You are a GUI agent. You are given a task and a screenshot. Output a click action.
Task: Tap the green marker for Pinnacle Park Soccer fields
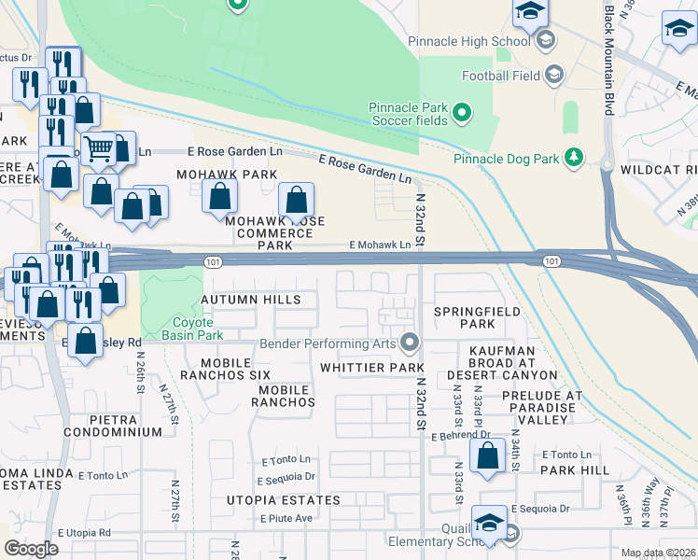tap(461, 114)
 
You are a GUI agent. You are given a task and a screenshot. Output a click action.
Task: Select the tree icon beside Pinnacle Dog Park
tap(576, 157)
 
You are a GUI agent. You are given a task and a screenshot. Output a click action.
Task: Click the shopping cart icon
tap(98, 148)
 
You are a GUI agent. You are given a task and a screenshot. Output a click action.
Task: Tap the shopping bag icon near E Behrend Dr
tap(487, 457)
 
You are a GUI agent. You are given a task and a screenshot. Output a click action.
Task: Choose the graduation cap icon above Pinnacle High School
tap(529, 12)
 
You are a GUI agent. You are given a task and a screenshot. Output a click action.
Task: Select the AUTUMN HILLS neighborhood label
tap(251, 300)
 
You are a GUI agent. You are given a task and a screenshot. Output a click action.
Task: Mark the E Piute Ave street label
tap(286, 518)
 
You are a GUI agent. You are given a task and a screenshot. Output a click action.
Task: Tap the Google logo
tap(31, 548)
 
